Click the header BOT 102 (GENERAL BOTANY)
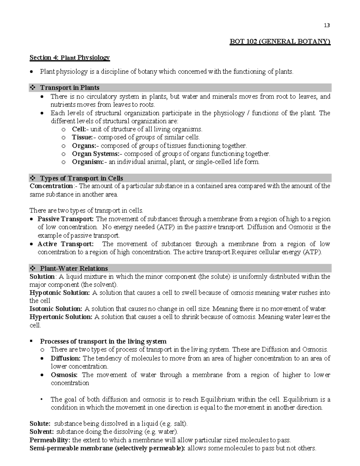[x=280, y=42]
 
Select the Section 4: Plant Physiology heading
[x=70, y=58]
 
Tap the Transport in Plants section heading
[x=70, y=88]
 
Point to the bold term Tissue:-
[x=84, y=137]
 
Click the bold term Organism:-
[x=89, y=162]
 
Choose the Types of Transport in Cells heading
[x=81, y=178]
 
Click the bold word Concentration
[x=51, y=186]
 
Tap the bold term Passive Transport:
[x=65, y=219]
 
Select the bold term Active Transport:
[x=65, y=244]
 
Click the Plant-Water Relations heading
[x=74, y=268]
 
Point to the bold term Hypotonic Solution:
[x=59, y=293]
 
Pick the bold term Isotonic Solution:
[x=56, y=309]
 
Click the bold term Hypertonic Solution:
[x=61, y=317]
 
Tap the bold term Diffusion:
[x=65, y=358]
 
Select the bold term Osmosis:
[x=64, y=375]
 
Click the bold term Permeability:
[x=50, y=440]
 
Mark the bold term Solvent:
[x=42, y=432]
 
